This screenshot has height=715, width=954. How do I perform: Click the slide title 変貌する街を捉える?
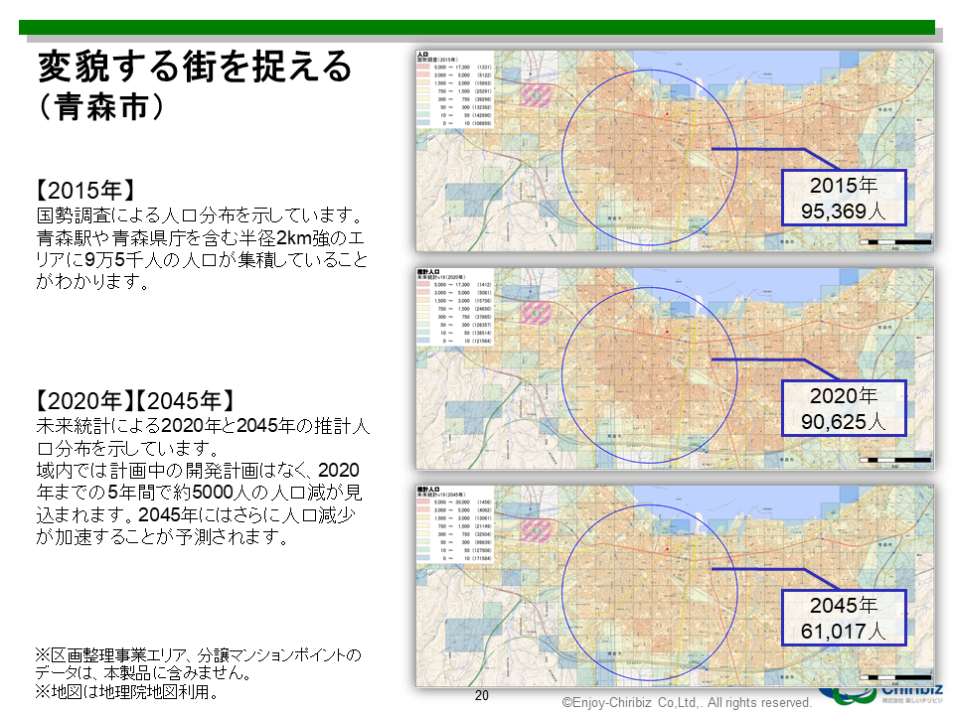[x=195, y=68]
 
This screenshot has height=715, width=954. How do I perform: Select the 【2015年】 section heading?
[x=84, y=191]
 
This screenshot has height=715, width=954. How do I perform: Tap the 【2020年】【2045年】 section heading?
[x=135, y=401]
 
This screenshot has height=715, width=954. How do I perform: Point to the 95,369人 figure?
[x=844, y=211]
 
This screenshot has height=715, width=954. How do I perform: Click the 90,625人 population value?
[x=844, y=421]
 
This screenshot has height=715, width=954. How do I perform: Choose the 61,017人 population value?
[x=844, y=631]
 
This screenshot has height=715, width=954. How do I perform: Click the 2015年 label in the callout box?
[x=844, y=186]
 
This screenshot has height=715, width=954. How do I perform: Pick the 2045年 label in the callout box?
[x=844, y=605]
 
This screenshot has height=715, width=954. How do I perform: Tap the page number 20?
[x=482, y=696]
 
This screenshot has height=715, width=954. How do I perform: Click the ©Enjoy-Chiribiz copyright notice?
[x=687, y=702]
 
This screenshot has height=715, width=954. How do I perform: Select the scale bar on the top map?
[x=895, y=241]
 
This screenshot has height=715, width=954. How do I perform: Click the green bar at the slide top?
[x=477, y=27]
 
